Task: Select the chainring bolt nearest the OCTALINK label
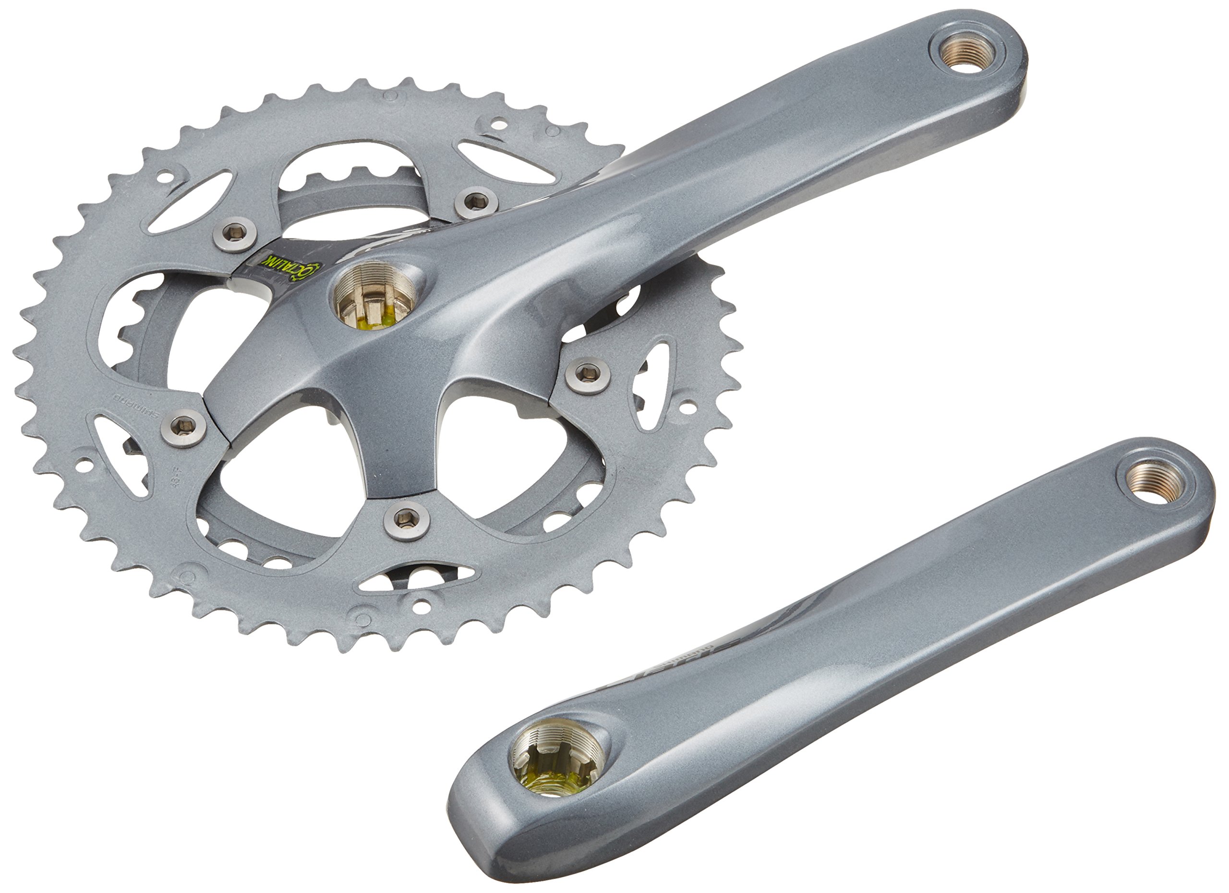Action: (235, 233)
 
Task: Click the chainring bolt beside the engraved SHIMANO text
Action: (184, 427)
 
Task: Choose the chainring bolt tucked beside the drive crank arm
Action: (476, 202)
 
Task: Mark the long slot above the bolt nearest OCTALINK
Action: (190, 201)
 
